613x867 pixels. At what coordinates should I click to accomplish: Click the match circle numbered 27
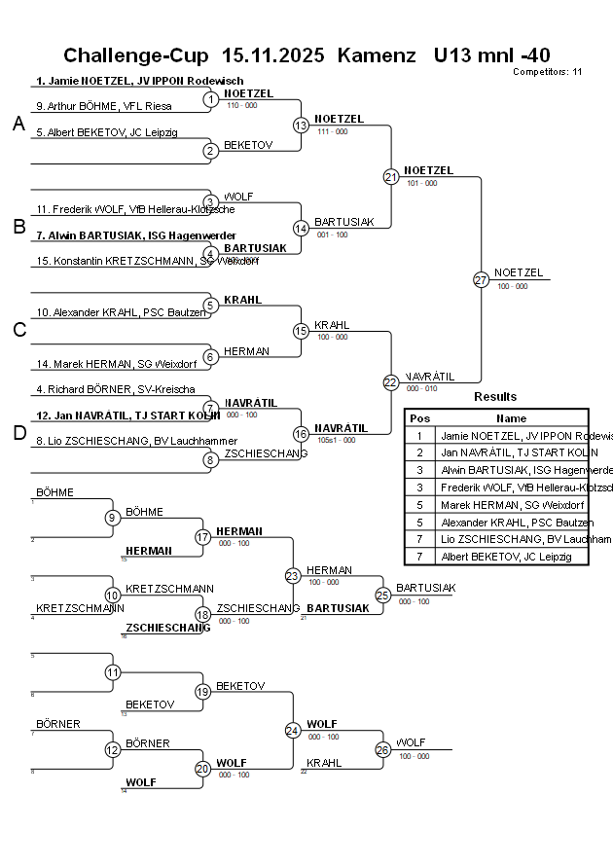click(481, 279)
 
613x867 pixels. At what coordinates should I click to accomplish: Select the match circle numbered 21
click(390, 177)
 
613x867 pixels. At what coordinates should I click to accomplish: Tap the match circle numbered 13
click(301, 126)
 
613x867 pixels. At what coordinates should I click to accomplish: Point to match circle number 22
click(390, 382)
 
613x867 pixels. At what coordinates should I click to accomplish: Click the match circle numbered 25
click(382, 595)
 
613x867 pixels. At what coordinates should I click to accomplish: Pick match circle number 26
click(382, 749)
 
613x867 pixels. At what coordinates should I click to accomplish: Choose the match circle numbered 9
click(113, 518)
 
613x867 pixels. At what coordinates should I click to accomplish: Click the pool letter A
click(18, 125)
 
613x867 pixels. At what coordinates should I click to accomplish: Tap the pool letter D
click(18, 433)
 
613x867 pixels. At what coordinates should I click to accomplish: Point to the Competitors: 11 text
click(547, 72)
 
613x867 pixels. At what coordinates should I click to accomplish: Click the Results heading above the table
click(495, 397)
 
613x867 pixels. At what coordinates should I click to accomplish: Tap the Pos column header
click(419, 417)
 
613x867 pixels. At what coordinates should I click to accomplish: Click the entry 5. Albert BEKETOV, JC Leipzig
click(107, 132)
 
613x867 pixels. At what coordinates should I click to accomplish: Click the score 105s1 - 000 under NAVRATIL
click(336, 440)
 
